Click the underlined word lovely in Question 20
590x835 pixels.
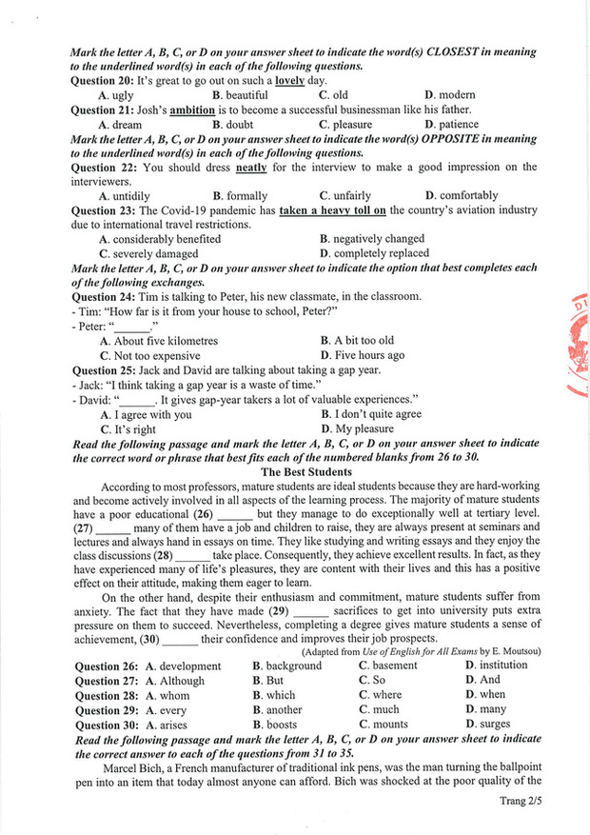[290, 81]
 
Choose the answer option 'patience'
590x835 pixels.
[456, 124]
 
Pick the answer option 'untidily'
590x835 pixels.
[130, 196]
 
